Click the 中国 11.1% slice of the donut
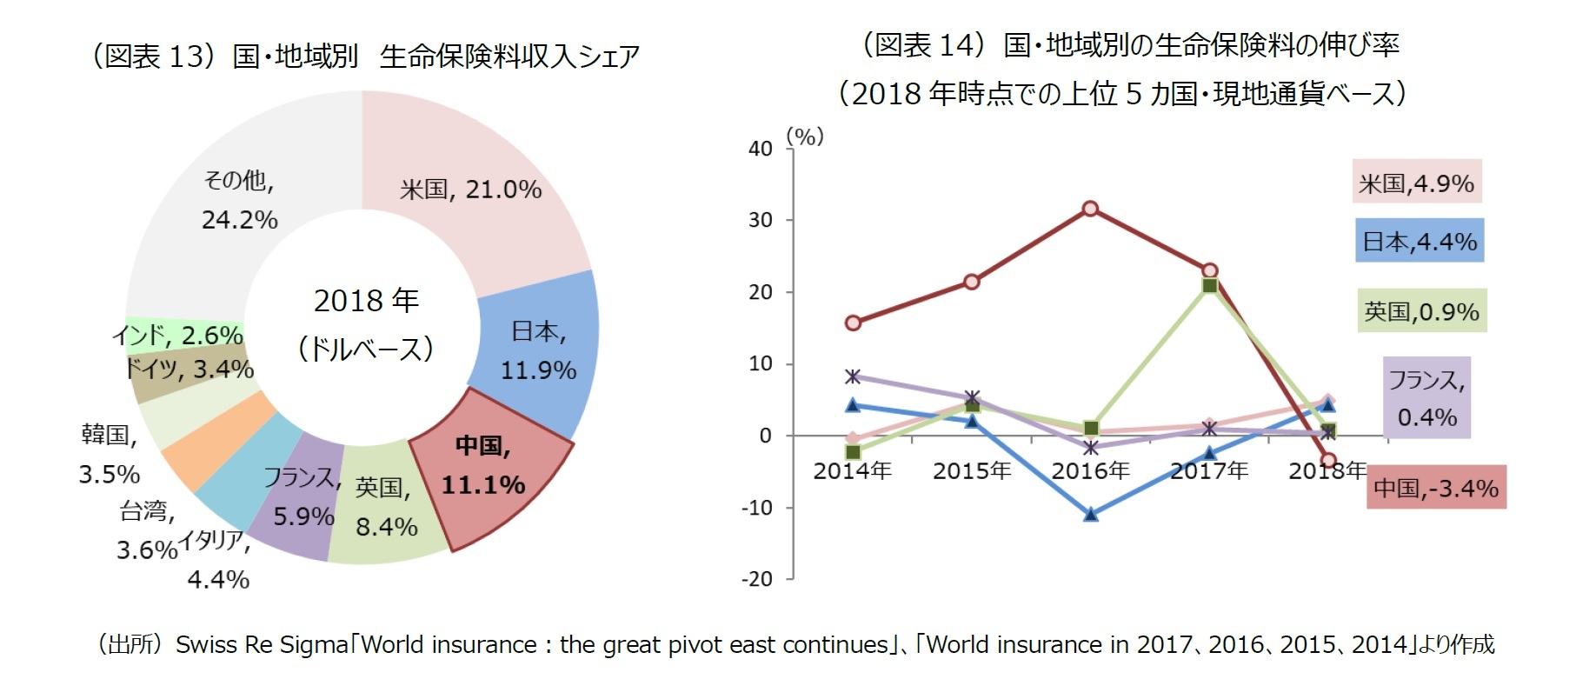pos(487,465)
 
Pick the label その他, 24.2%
pos(239,200)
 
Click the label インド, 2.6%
pos(177,335)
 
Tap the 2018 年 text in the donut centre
pos(366,301)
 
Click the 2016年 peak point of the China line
pos(1090,209)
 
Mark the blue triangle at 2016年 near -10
pos(1091,514)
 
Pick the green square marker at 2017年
pos(1209,285)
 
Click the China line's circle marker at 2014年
pos(853,323)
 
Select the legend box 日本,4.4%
pos(1419,241)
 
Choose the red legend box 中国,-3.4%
pos(1435,488)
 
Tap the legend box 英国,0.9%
pos(1422,311)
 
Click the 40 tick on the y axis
pos(761,149)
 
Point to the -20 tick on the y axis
pos(757,579)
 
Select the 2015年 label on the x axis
pos(972,471)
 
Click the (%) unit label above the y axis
pos(804,136)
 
